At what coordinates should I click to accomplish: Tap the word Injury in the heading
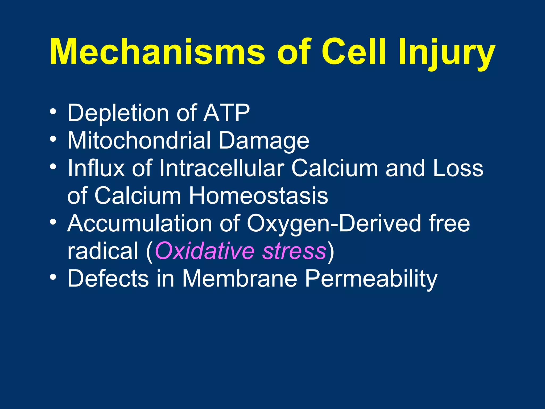[447, 53]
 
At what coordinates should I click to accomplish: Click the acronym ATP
[226, 113]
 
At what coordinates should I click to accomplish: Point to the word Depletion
[118, 113]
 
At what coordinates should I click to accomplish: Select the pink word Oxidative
[204, 251]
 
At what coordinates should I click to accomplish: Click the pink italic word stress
[294, 251]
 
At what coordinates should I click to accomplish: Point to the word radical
[103, 251]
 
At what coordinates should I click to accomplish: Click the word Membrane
[240, 279]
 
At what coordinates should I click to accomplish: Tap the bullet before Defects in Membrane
[53, 277]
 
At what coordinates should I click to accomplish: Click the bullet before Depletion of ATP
[53, 112]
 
